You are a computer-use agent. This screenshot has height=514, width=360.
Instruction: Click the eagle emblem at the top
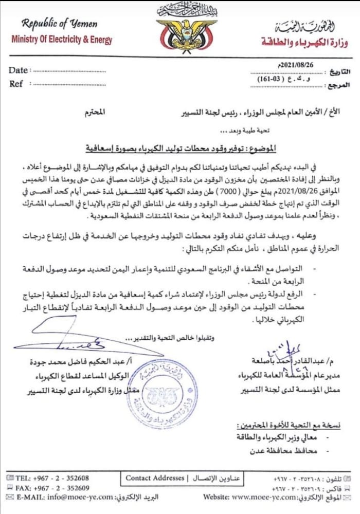click(x=180, y=34)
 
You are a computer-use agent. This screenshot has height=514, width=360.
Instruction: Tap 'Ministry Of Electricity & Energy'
click(x=61, y=39)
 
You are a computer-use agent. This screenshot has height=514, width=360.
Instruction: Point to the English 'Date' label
click(x=19, y=70)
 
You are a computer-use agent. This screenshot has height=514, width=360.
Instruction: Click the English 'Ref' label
click(x=16, y=83)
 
